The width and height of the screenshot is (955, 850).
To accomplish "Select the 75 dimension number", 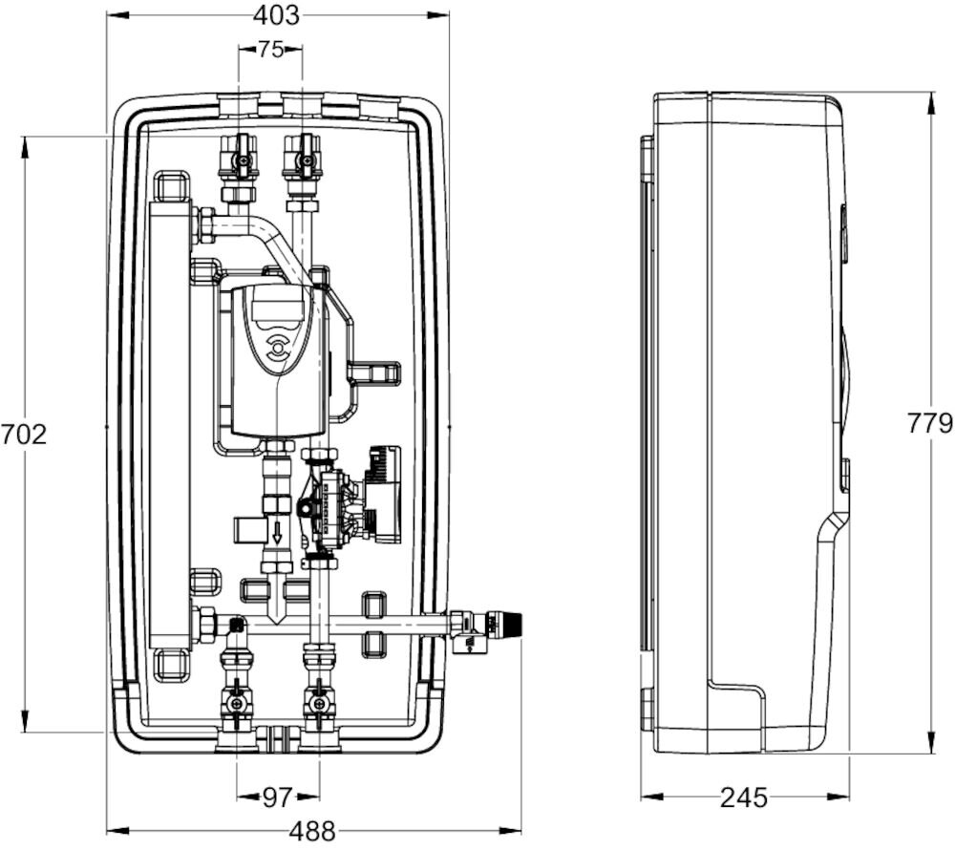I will (x=270, y=50).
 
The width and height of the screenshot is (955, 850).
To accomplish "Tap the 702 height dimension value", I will (x=24, y=435).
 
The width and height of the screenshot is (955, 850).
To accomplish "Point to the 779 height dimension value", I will (x=931, y=422).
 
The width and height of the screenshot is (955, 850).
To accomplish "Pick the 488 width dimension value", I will (x=312, y=831).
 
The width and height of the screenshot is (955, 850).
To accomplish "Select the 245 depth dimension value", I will (x=744, y=797).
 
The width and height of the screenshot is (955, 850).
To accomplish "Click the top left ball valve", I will (x=238, y=158).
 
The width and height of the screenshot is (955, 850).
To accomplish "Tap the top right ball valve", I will (x=303, y=158).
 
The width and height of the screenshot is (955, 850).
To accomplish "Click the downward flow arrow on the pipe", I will (x=277, y=533).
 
